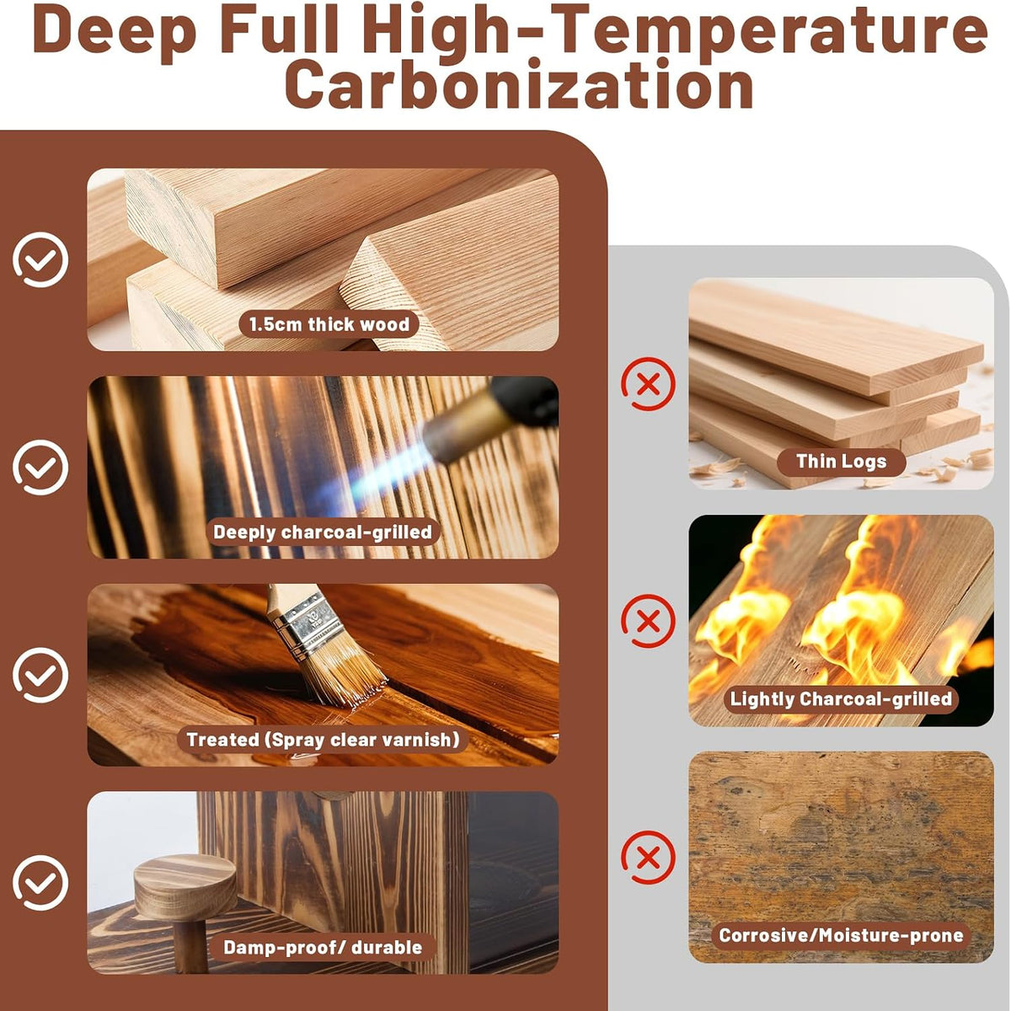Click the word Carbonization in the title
click(x=519, y=85)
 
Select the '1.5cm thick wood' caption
click(x=329, y=324)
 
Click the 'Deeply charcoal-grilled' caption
click(x=322, y=532)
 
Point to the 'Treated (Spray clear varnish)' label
click(x=323, y=740)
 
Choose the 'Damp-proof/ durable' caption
click(x=323, y=947)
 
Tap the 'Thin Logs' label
click(x=841, y=461)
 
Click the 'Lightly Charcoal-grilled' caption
click(x=841, y=698)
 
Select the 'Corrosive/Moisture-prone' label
click(x=841, y=935)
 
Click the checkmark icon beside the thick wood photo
click(x=40, y=259)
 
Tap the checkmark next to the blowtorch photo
click(x=40, y=467)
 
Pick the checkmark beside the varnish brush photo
click(x=40, y=675)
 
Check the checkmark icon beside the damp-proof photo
click(x=40, y=882)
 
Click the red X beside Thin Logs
click(x=649, y=384)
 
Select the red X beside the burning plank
click(x=649, y=622)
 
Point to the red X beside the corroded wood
click(x=649, y=859)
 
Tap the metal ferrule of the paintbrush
click(x=308, y=628)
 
